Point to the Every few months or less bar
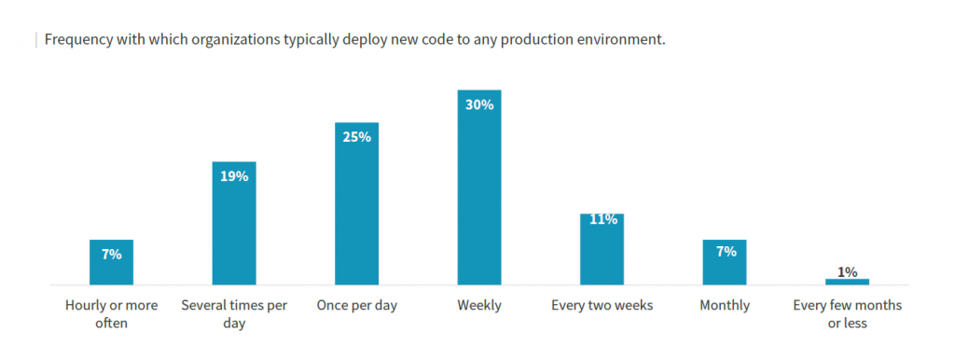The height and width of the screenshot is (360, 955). [847, 282]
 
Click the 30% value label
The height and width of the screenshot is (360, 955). [479, 104]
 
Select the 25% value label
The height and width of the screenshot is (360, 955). [356, 137]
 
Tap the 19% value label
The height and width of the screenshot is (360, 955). [234, 175]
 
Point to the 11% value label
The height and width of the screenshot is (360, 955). [602, 220]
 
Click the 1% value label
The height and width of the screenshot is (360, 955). [847, 271]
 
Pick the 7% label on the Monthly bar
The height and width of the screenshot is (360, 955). [726, 251]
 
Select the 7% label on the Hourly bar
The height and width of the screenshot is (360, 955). [112, 254]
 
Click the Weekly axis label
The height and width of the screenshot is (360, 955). [479, 305]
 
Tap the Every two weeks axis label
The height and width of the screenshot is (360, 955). [602, 305]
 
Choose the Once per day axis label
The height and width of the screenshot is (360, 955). [356, 305]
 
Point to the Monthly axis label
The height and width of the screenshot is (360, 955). [725, 305]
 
